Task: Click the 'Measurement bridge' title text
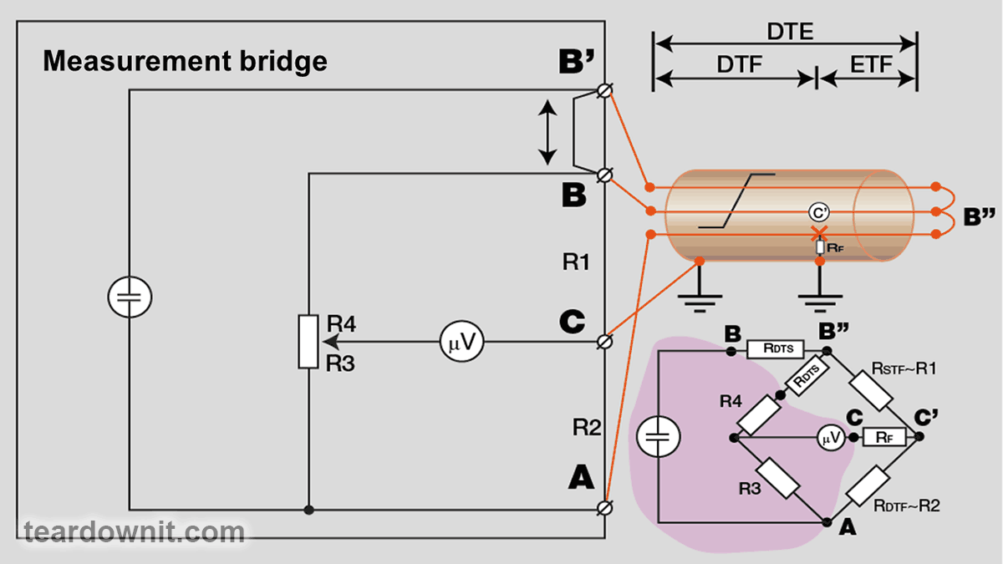point(185,61)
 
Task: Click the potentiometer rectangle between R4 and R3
point(308,341)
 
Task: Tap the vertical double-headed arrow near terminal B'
point(547,132)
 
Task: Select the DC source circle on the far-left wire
point(130,297)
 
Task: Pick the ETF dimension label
point(870,65)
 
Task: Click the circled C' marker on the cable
point(819,212)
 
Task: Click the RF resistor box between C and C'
point(883,437)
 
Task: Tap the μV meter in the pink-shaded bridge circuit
point(831,437)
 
